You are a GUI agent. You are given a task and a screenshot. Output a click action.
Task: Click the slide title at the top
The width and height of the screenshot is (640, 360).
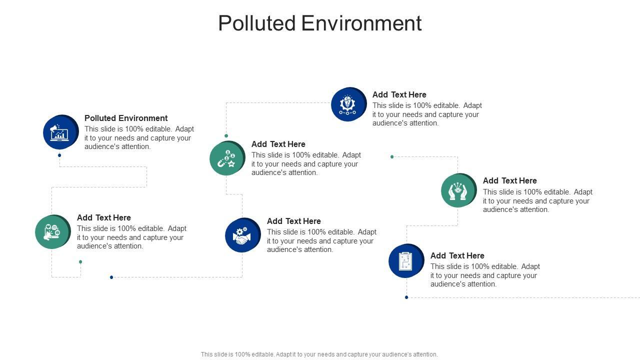320,23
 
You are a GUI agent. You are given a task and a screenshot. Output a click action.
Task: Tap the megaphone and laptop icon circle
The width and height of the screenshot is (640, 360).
60,132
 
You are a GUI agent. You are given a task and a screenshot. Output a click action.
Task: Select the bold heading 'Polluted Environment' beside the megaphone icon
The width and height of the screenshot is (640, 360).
126,118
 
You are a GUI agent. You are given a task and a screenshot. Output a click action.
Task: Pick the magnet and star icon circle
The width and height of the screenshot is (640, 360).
227,158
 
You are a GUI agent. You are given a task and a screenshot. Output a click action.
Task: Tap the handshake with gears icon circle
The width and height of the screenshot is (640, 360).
242,235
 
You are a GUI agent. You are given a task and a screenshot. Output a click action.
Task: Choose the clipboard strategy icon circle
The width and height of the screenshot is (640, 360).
406,261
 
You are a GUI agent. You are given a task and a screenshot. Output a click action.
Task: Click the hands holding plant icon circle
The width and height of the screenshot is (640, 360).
458,190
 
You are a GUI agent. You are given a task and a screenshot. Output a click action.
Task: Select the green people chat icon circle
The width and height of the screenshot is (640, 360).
52,232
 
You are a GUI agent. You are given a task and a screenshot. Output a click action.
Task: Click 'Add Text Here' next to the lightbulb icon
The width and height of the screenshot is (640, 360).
399,94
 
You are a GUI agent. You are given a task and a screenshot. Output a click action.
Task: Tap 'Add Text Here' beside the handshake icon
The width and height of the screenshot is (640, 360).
293,221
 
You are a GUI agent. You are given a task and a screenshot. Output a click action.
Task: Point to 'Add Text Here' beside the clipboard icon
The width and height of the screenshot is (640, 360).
457,255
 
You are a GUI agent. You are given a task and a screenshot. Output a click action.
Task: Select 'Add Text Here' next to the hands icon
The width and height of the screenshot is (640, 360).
509,180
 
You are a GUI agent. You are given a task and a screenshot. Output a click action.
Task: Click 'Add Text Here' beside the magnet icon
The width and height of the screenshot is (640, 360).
278,144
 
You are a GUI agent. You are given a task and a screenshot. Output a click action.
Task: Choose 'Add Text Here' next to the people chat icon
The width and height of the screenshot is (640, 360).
103,217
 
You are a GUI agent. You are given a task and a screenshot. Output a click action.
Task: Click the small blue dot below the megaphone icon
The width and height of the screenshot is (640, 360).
59,155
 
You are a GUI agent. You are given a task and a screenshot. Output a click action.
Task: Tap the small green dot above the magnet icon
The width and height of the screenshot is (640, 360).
226,135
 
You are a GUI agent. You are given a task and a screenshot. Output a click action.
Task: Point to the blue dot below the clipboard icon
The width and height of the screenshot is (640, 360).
406,297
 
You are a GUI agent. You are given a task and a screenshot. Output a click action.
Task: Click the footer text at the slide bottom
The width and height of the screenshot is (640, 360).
319,354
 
